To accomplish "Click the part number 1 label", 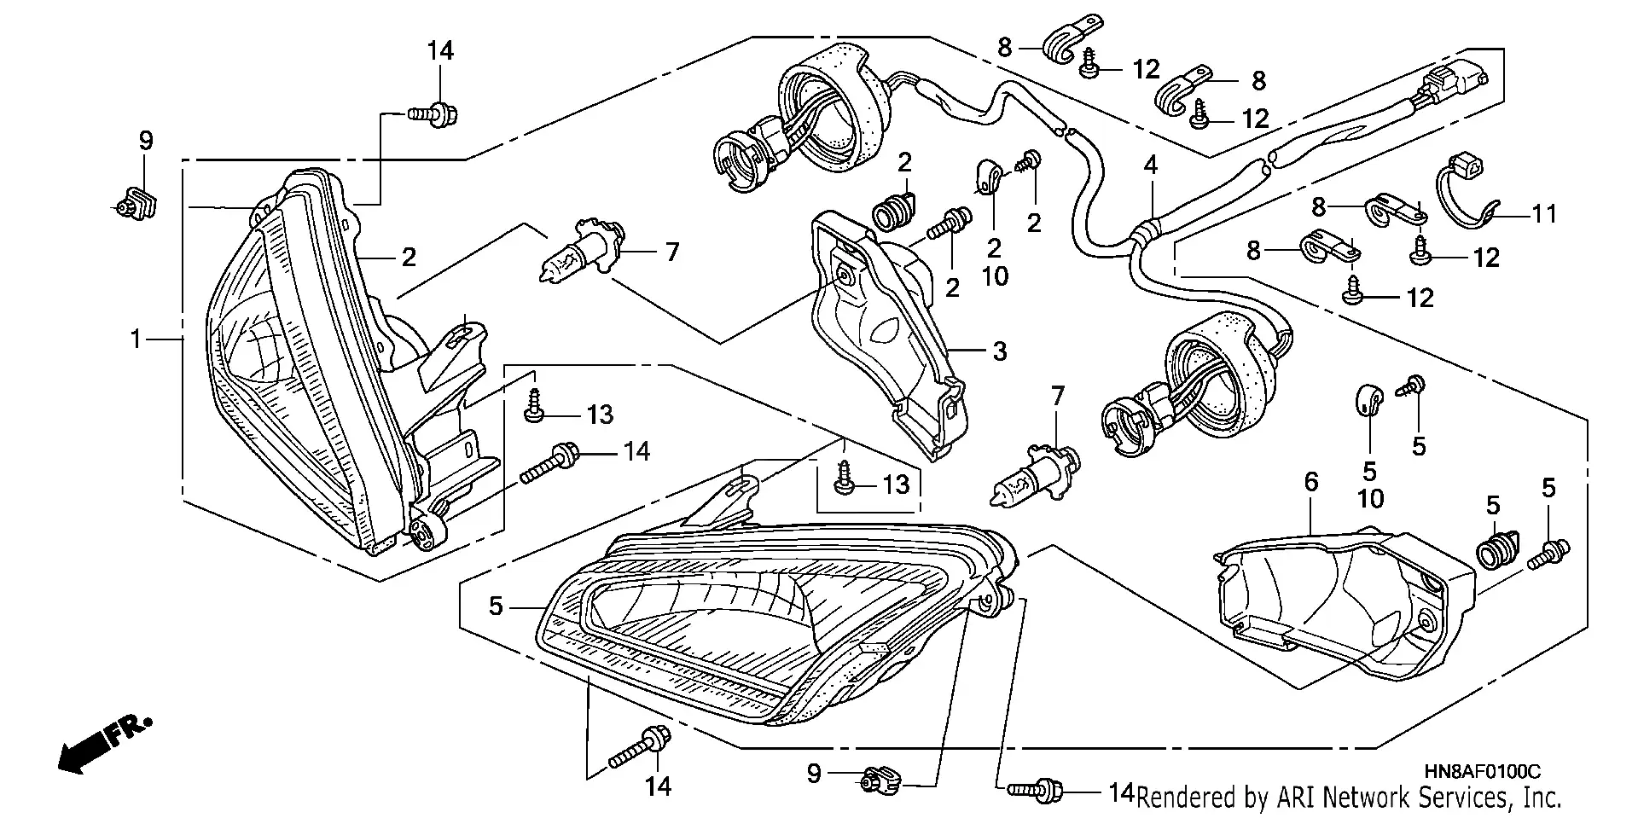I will click(x=136, y=339).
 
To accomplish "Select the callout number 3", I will click(x=999, y=351).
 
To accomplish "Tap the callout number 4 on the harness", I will click(x=1151, y=165).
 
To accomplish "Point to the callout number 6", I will click(x=1311, y=483).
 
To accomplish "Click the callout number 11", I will click(x=1544, y=213).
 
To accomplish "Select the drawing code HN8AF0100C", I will click(x=1482, y=772).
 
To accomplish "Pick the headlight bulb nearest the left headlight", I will click(x=580, y=252).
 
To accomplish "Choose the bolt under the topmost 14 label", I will click(x=433, y=112).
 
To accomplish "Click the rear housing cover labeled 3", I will click(x=887, y=341).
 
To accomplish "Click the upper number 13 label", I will click(x=600, y=415).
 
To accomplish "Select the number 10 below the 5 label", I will click(x=1370, y=498).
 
